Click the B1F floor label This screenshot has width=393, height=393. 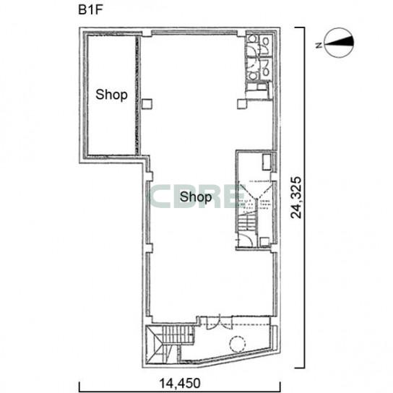coord(90,10)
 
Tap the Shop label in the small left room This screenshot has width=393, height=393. coord(111,95)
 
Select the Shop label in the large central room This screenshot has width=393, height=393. coord(196,196)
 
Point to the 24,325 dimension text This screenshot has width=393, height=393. coord(295,197)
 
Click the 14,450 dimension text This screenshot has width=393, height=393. coord(180,383)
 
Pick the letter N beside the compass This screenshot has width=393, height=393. coord(319,46)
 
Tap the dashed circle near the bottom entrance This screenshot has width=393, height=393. coord(238,345)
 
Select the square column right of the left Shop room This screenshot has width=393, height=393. coord(147,104)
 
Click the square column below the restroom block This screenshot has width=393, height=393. coord(242,104)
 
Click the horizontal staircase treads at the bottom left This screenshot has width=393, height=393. coord(178,335)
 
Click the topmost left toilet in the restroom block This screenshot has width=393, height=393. coord(252,40)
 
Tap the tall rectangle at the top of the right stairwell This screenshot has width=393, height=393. coord(267,163)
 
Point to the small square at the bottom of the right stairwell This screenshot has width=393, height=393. coord(264,242)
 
